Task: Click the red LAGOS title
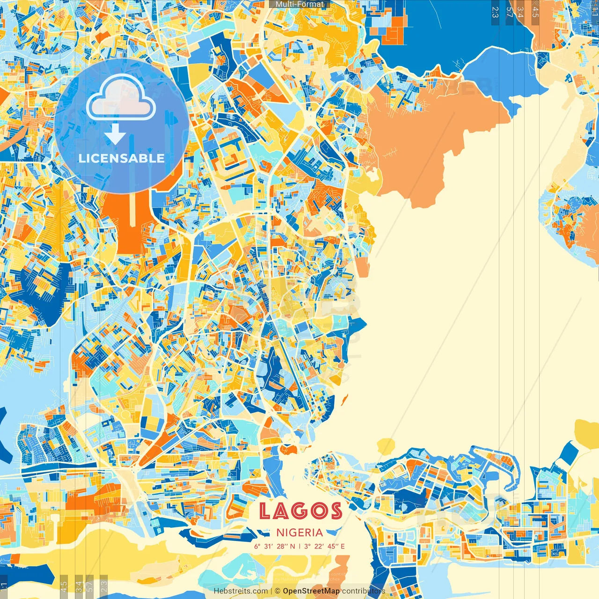tap(300, 511)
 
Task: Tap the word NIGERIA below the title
tap(299, 533)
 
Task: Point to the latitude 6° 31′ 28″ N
tap(275, 546)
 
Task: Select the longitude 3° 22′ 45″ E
tap(324, 546)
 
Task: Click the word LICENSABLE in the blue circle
tap(122, 158)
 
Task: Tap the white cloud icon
tap(121, 99)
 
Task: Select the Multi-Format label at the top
tap(299, 4)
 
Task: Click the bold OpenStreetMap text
tap(311, 591)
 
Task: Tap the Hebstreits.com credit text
tap(241, 591)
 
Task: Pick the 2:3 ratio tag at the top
tap(495, 12)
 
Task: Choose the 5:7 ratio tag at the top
tap(510, 12)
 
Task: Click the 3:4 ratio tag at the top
tap(521, 12)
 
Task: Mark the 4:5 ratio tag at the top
tap(535, 12)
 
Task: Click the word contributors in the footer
tap(364, 591)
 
